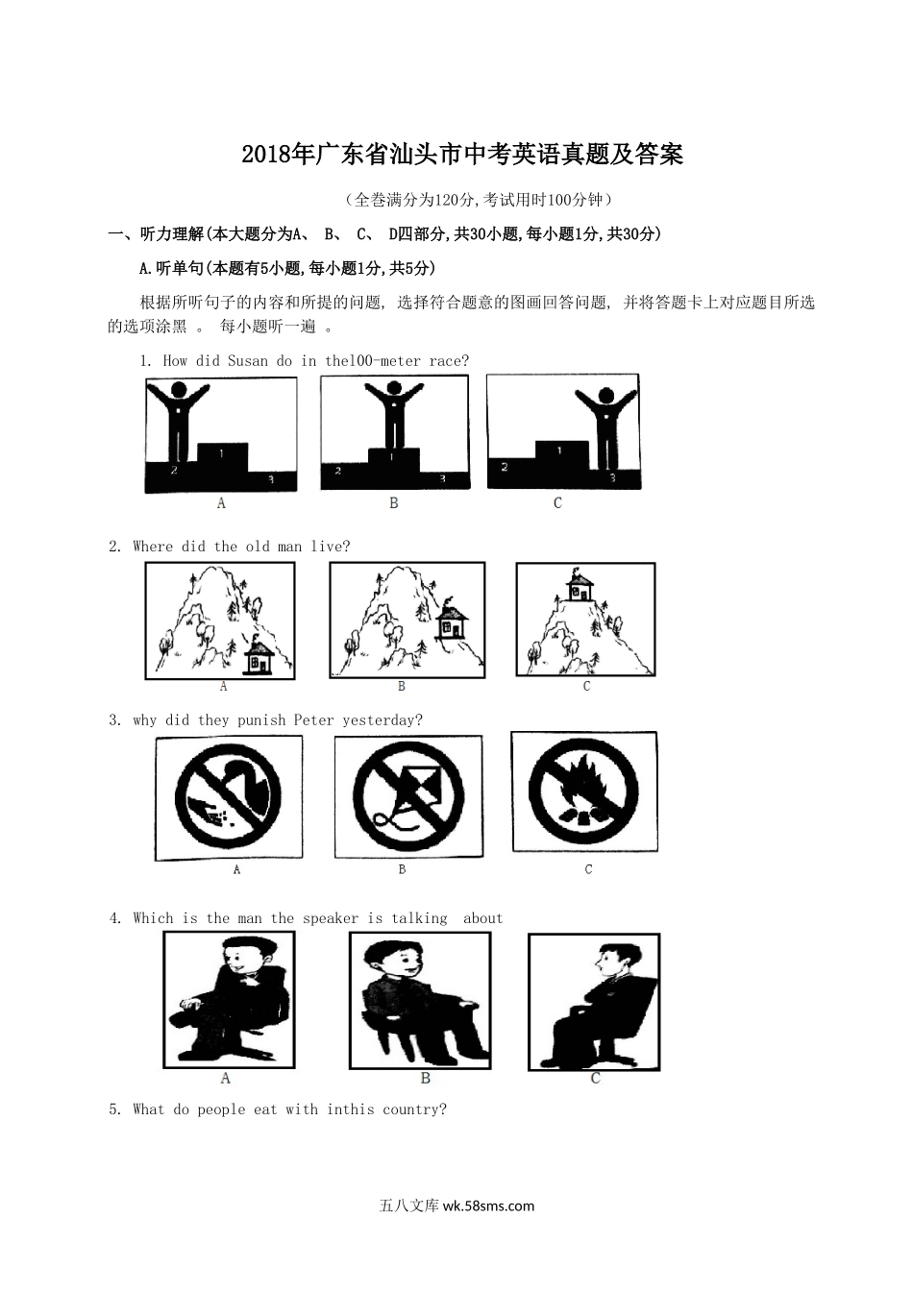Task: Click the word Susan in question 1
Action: tap(248, 361)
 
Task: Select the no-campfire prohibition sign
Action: tap(583, 792)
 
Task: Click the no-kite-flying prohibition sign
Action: tap(408, 796)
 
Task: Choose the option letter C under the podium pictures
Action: tap(557, 503)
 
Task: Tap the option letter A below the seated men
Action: tap(226, 1078)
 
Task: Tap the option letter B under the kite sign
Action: tap(402, 869)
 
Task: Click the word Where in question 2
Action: tap(153, 547)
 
